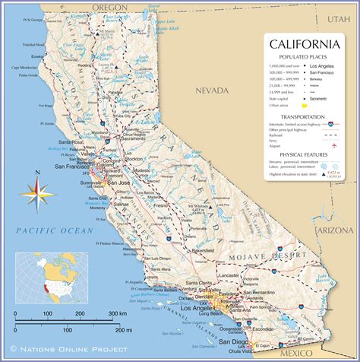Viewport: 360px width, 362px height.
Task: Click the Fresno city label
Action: point(159,206)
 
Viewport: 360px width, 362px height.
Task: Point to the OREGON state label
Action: point(109,6)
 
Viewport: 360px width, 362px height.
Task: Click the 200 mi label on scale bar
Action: point(113,330)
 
